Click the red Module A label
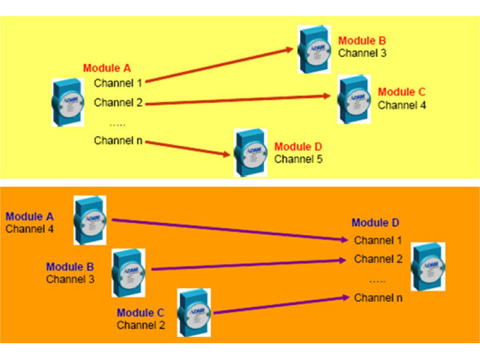coord(107,68)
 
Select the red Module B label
coord(362,41)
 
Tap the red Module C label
coord(401,92)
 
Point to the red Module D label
coord(298,146)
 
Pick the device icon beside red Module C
coord(355,100)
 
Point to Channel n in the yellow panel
coord(118,140)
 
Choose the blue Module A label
coord(29,216)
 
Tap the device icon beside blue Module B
coord(128,272)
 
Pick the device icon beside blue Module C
coord(194,311)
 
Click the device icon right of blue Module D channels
coord(428,266)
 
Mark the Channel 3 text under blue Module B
coord(70,279)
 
